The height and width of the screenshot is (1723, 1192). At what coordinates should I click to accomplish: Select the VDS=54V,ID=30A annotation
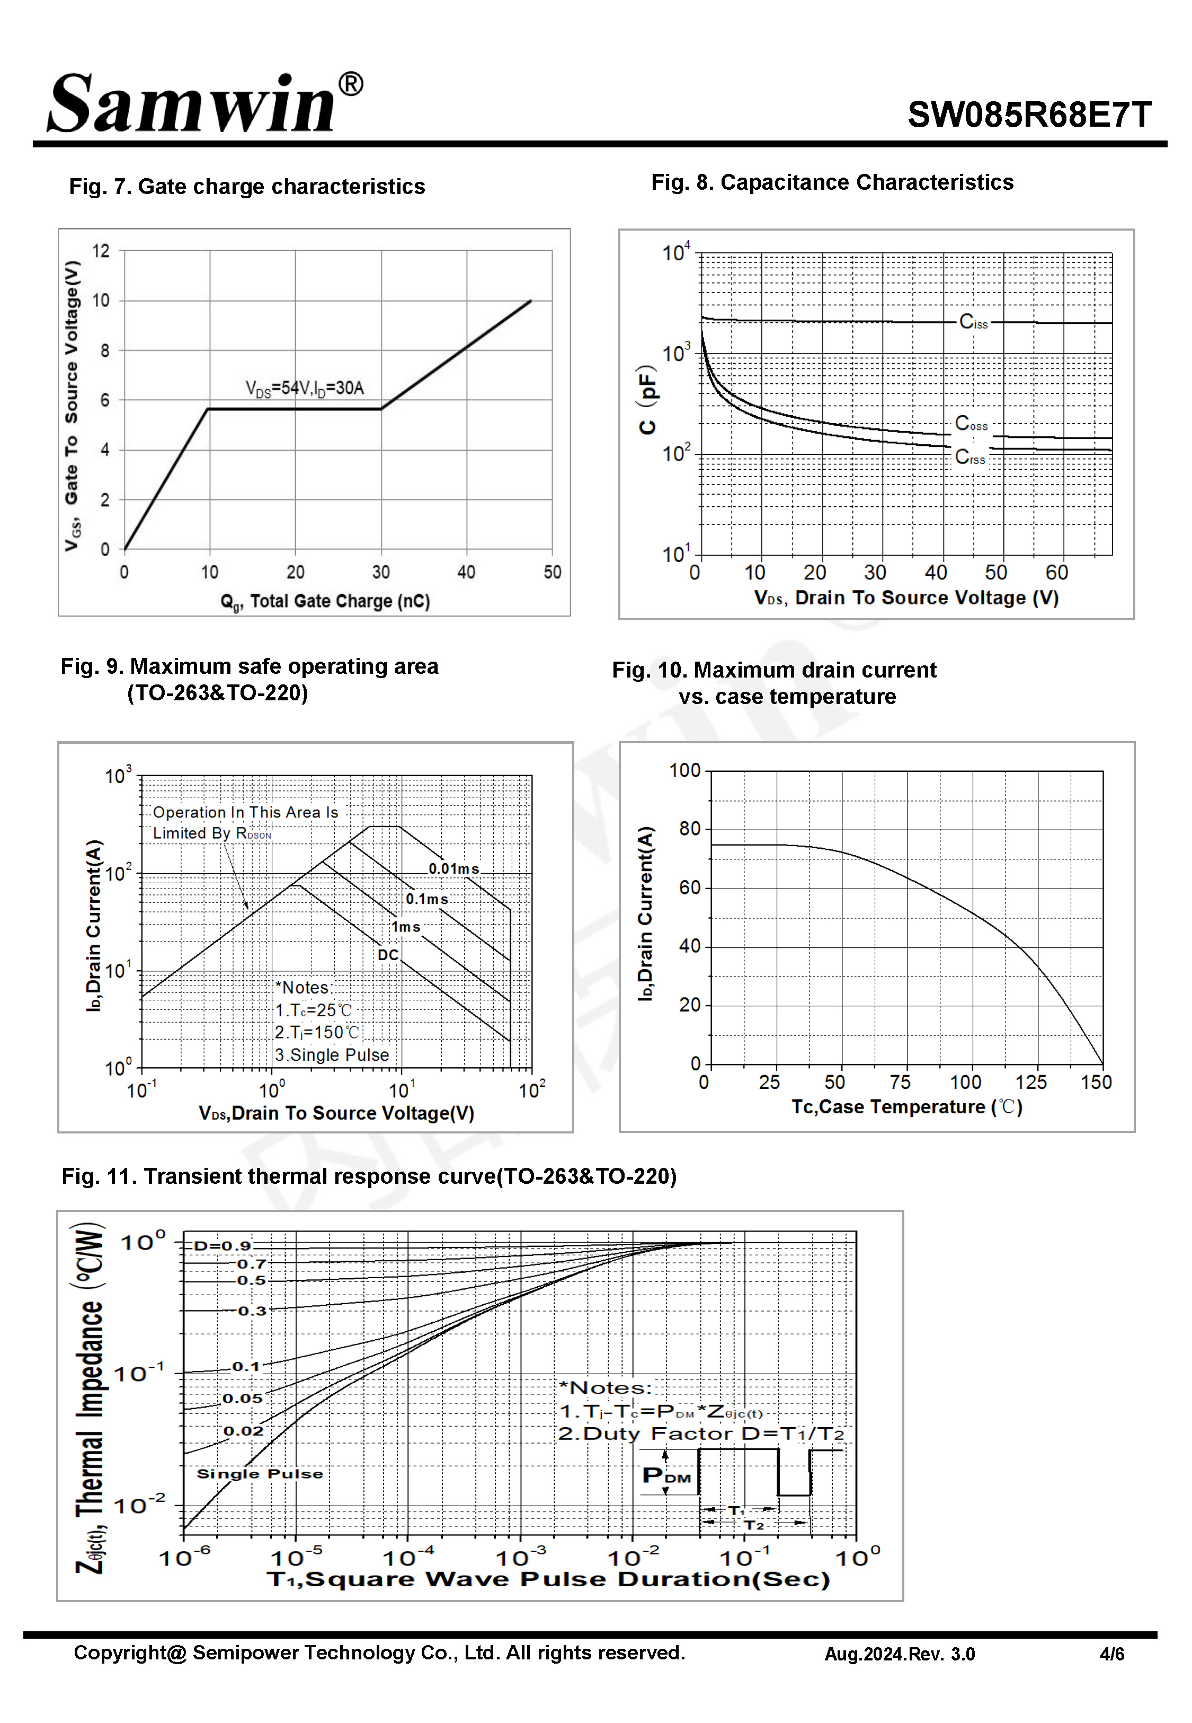tap(304, 388)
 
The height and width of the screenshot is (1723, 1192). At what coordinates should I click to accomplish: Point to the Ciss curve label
tap(973, 322)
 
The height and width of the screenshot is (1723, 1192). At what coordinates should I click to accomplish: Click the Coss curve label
tap(971, 424)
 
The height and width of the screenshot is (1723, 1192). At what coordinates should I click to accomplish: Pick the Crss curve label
tap(969, 456)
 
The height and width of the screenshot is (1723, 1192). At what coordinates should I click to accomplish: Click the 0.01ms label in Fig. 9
tap(453, 868)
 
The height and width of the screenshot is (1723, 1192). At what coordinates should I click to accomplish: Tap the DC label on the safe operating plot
tap(388, 955)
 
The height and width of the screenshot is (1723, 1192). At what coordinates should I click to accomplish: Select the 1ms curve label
tap(406, 927)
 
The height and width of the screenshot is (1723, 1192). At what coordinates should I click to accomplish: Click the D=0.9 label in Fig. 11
tap(222, 1245)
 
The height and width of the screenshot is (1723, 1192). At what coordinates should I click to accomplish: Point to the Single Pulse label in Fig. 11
tap(260, 1473)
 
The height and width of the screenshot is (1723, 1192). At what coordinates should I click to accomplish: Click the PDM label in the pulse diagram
tap(666, 1475)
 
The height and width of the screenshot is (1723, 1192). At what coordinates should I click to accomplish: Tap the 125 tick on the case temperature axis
tap(1030, 1082)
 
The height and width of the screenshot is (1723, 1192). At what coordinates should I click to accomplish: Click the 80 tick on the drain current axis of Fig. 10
tap(689, 829)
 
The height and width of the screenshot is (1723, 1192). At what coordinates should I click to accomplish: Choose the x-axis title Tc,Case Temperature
tap(906, 1106)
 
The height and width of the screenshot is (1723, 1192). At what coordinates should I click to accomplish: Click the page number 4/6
tap(1111, 1654)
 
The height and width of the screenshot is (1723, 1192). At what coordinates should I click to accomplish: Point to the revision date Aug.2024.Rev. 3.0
tap(899, 1654)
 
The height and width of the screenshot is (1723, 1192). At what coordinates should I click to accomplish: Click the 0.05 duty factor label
tap(243, 1399)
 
